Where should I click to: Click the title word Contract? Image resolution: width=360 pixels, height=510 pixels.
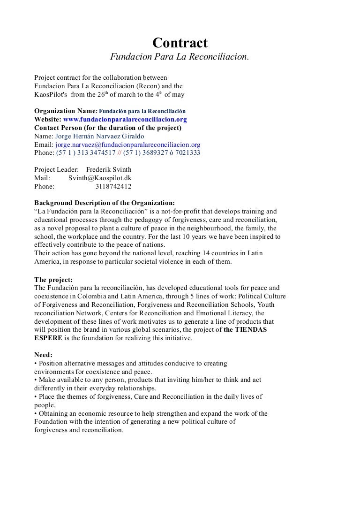point(180,44)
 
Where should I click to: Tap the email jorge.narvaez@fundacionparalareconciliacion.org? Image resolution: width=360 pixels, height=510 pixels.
point(127,145)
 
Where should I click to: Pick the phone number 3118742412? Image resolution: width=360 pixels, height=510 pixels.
point(113,186)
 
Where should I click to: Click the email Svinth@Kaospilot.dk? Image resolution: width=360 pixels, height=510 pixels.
point(100,178)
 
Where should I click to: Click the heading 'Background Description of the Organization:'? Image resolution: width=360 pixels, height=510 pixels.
point(104,203)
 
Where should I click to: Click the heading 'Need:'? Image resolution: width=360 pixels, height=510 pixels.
point(44,355)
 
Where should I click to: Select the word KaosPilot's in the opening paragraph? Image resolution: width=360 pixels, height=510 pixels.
point(52,95)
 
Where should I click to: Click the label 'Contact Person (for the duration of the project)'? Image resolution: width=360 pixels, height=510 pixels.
point(108,128)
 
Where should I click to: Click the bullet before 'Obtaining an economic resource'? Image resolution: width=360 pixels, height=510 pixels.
point(36,414)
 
